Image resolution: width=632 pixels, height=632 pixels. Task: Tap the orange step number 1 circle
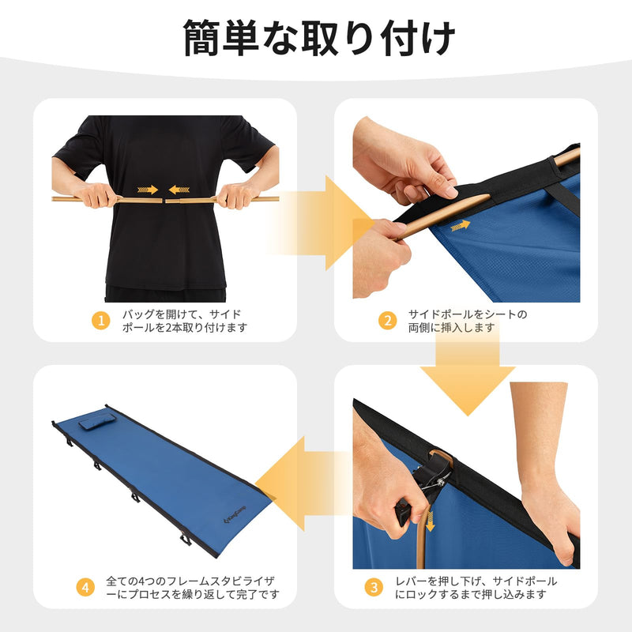pyautogui.click(x=100, y=320)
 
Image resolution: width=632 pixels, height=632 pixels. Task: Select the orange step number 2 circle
pyautogui.click(x=387, y=320)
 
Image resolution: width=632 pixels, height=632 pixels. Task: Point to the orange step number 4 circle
pyautogui.click(x=87, y=587)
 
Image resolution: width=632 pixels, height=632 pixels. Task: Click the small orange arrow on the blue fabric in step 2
pyautogui.click(x=460, y=226)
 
